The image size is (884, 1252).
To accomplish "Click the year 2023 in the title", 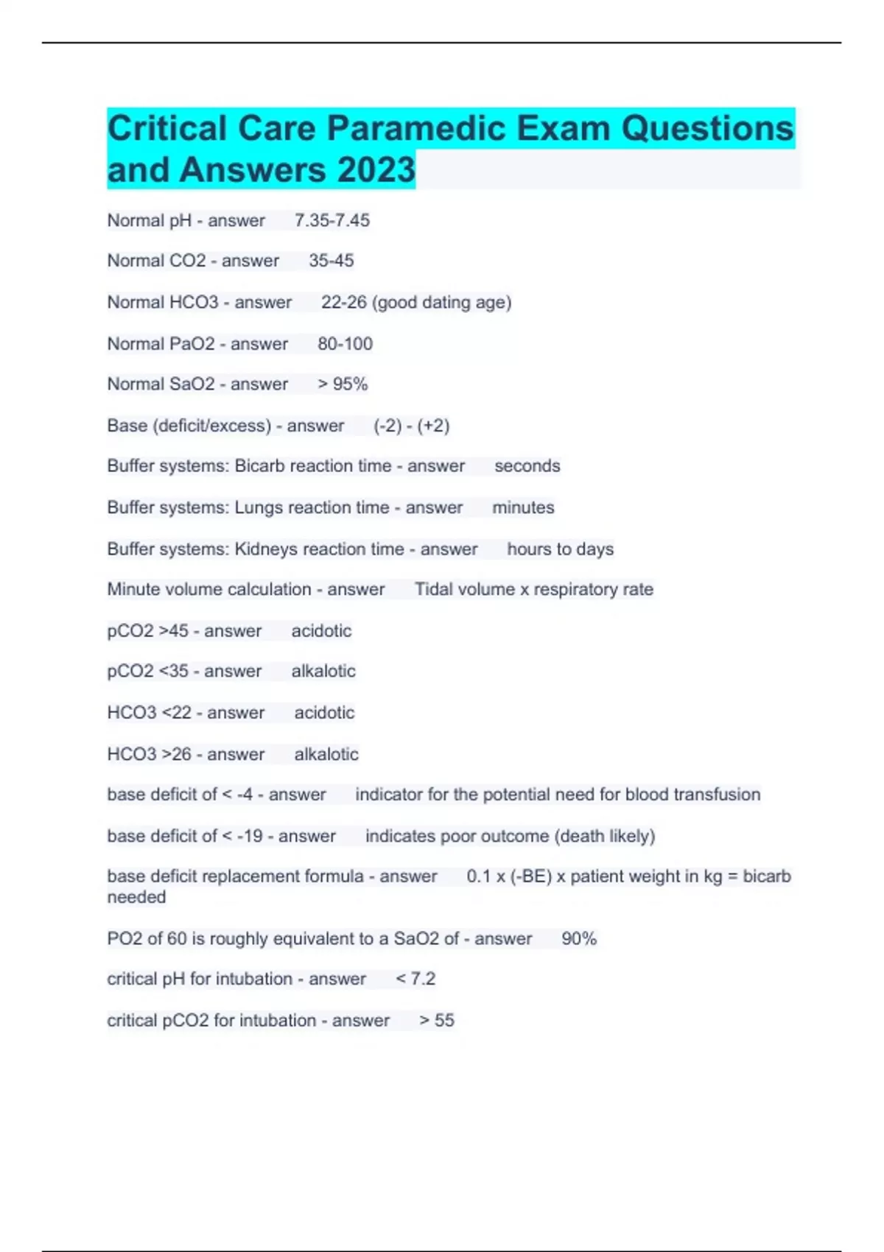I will click(376, 170).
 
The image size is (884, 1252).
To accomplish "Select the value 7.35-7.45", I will click(332, 220).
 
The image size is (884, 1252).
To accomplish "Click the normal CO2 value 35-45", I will click(331, 261).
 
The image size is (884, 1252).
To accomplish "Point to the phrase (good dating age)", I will click(442, 302).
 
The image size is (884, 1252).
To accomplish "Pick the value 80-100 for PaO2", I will click(345, 343).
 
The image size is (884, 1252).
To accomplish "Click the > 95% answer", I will click(343, 384).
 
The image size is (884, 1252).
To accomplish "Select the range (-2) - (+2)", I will click(411, 426).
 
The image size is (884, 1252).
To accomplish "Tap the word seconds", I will click(527, 465).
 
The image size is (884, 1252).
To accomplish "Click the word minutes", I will click(523, 507).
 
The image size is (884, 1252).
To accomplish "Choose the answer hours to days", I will click(560, 549).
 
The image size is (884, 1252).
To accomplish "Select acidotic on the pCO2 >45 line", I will click(321, 630).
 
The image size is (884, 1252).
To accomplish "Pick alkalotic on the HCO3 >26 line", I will click(326, 754).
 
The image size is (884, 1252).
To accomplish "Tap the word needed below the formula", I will click(136, 897).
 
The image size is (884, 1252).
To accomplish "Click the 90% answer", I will click(579, 938).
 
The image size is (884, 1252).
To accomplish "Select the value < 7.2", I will click(415, 979).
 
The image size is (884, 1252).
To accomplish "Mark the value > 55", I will click(437, 1020).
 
